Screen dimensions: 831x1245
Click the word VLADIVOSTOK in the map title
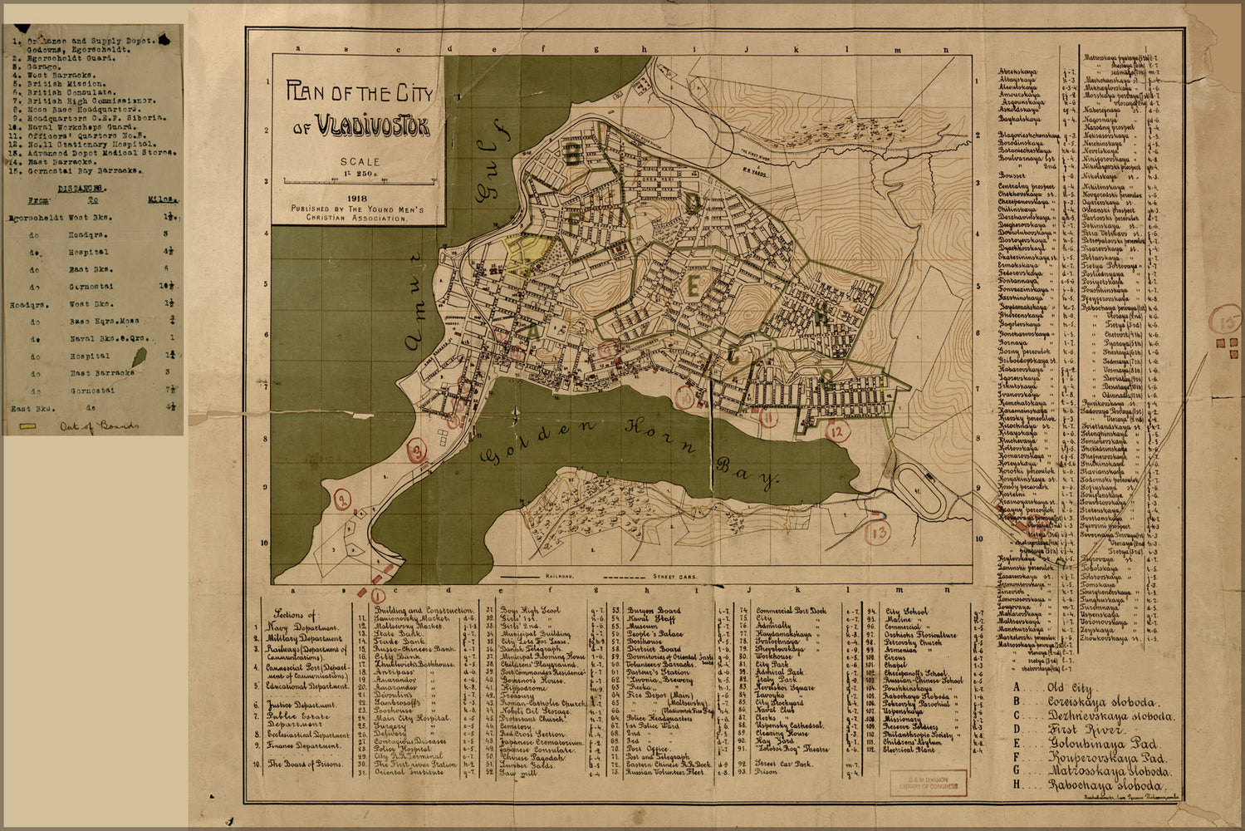pos(371,128)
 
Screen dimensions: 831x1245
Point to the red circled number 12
pos(836,430)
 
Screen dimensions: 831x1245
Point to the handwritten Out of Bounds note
pos(99,426)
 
